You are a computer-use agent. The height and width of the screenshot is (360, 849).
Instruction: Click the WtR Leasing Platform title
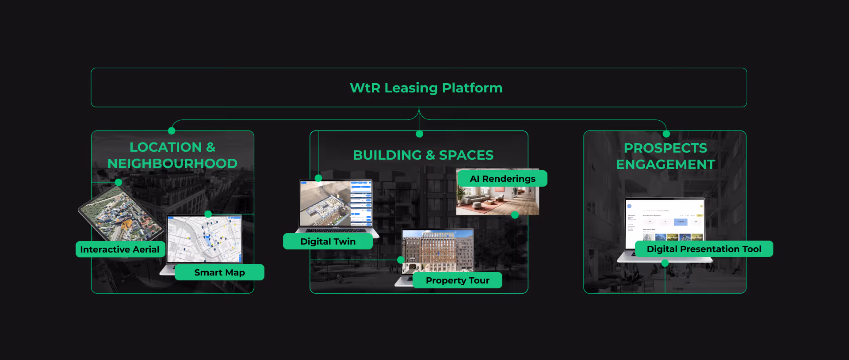point(426,88)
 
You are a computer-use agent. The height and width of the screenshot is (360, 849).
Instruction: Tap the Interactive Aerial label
point(120,249)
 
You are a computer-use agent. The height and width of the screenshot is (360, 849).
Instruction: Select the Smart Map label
point(219,272)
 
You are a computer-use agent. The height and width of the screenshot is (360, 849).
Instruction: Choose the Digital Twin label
point(328,241)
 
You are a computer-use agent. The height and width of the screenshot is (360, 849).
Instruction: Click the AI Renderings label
point(502,179)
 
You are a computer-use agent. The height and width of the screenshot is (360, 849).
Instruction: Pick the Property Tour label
point(457,280)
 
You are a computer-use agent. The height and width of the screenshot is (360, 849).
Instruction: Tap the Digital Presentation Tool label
point(704,249)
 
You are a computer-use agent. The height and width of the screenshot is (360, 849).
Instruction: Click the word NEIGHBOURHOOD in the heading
point(172,164)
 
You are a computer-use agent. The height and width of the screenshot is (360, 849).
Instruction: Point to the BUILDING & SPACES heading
point(423,155)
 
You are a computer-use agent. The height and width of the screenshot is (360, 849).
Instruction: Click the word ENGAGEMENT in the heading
point(665,165)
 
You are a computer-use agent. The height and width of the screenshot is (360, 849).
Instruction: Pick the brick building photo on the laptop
point(438,250)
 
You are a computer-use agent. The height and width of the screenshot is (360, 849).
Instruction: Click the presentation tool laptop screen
point(664,221)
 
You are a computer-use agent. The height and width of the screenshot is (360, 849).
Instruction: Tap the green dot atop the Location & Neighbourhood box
point(172,131)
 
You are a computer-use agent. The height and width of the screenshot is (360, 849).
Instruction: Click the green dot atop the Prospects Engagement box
point(666,134)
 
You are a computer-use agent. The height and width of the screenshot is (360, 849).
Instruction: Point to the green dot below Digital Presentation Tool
point(665,263)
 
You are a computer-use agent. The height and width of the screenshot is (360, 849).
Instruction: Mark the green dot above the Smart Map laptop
point(208,214)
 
